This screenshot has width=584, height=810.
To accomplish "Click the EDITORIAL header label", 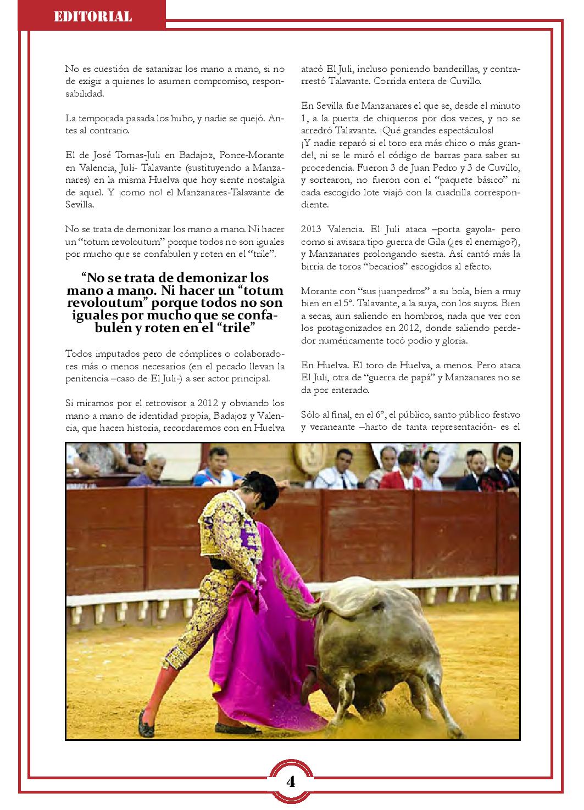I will tap(93, 16).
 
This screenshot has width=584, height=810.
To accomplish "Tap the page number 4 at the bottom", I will tap(291, 781).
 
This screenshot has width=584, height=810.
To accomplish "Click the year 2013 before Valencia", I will tap(312, 229).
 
